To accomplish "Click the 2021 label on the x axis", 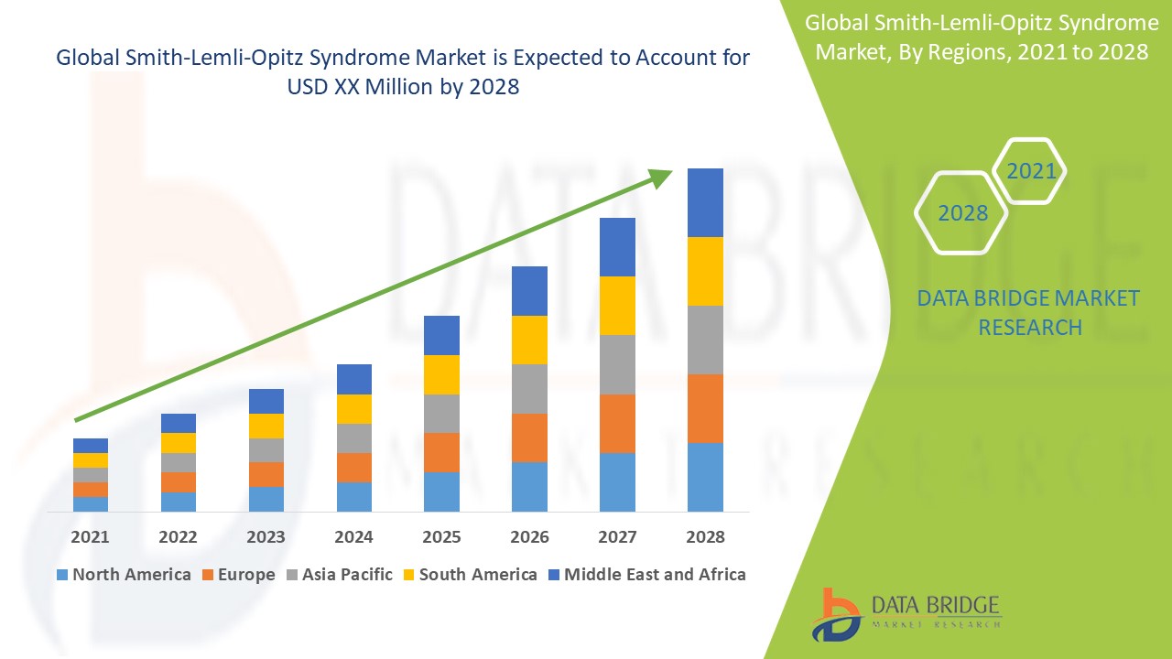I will [x=90, y=536].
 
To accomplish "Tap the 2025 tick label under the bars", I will [x=441, y=536].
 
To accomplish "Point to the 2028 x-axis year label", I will [x=705, y=536].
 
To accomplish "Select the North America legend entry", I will [x=124, y=575].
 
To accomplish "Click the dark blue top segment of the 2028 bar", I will [x=705, y=202].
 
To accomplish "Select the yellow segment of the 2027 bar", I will [x=617, y=306].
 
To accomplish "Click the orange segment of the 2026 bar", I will [x=529, y=438].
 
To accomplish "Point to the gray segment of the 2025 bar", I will [x=441, y=414].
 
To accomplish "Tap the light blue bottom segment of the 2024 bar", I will [x=353, y=496].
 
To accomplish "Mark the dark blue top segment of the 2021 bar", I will [x=91, y=446].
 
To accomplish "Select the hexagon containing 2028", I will [x=961, y=212].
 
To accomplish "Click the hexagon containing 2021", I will [x=1030, y=171].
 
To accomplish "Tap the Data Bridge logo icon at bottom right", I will [x=836, y=614].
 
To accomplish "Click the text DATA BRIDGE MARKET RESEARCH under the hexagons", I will [x=1029, y=312].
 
